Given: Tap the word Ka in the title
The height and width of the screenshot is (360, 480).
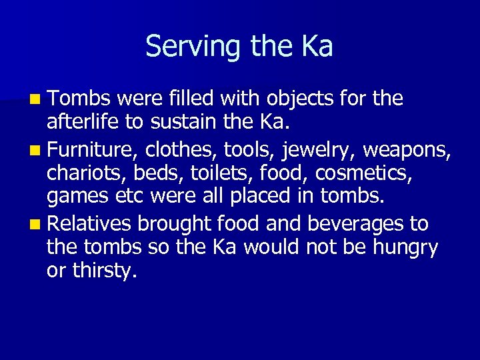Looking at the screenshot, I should [x=315, y=46].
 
